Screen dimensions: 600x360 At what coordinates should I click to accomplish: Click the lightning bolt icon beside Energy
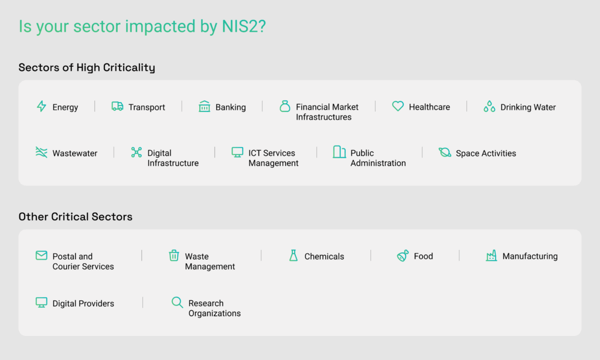(x=42, y=106)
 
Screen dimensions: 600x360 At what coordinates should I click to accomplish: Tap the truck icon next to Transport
(x=117, y=106)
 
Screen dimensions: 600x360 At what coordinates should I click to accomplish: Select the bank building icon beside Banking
(x=204, y=106)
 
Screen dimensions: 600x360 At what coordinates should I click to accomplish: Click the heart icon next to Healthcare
(x=398, y=106)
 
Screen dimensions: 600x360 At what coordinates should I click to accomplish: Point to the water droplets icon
(x=489, y=106)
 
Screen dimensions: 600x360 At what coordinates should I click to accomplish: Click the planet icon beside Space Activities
(x=445, y=152)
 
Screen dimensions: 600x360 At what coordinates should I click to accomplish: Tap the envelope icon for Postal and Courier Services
(x=42, y=255)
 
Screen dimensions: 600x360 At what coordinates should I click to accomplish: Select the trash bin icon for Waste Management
(x=174, y=255)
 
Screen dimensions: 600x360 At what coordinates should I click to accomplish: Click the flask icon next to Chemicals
(x=294, y=255)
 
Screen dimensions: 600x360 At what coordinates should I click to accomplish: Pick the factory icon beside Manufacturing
(x=492, y=256)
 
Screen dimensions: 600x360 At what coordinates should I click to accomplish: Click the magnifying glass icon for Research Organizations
(x=177, y=302)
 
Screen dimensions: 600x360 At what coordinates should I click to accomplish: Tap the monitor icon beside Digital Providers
(x=42, y=303)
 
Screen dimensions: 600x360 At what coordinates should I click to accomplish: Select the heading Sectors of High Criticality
(x=87, y=67)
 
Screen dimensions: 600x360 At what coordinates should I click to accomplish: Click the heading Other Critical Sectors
(x=76, y=217)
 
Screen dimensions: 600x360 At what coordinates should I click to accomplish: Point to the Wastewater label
(x=75, y=153)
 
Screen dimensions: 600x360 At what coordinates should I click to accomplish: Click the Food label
(x=423, y=256)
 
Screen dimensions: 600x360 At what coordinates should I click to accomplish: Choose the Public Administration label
(x=378, y=158)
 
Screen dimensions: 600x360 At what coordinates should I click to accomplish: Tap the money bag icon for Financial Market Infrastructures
(x=285, y=106)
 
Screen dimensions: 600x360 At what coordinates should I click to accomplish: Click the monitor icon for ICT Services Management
(x=237, y=152)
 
